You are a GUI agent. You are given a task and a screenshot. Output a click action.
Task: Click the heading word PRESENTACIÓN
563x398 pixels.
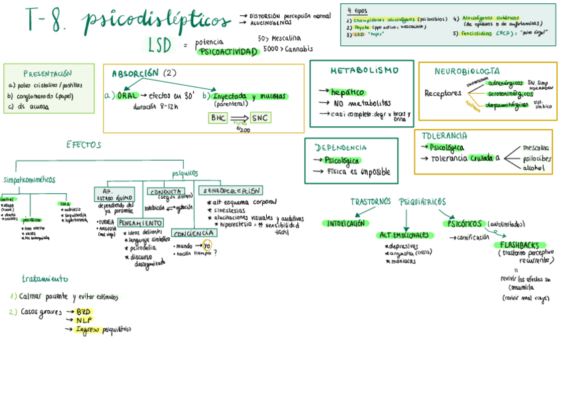(47, 73)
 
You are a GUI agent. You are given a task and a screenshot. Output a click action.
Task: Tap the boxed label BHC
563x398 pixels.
(218, 118)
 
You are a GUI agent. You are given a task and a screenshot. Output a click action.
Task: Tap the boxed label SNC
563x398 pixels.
(260, 118)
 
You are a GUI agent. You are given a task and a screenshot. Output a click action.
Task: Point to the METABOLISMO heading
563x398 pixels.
(364, 70)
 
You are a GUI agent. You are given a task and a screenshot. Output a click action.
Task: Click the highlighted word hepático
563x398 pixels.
(347, 92)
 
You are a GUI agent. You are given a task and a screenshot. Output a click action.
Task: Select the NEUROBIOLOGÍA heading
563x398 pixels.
(467, 70)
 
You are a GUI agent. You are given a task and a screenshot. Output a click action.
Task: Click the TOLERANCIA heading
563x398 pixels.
(443, 136)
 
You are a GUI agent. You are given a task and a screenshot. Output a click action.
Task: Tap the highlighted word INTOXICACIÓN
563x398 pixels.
(345, 224)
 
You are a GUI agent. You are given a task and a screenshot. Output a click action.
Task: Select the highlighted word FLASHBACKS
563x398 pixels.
(524, 245)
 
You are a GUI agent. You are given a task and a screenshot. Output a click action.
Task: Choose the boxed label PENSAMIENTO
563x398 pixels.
(141, 223)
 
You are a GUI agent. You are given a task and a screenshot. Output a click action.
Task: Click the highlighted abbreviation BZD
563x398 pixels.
(83, 311)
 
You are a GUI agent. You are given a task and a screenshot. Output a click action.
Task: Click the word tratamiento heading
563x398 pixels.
(45, 279)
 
